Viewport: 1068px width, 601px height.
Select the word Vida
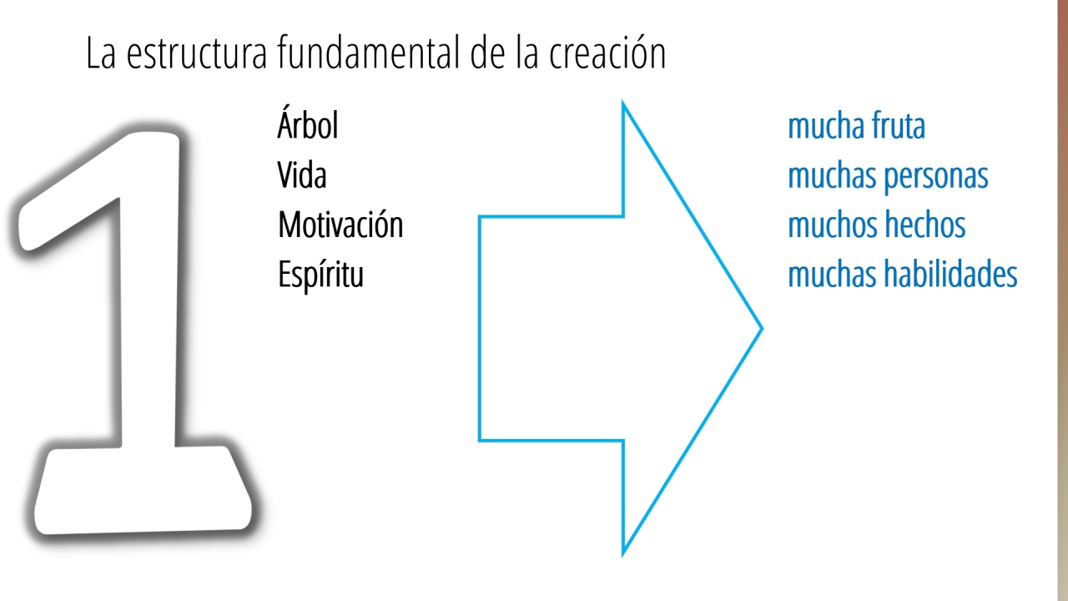pos(302,175)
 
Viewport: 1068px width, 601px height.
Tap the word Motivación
pos(340,225)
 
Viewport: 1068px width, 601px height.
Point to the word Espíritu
pos(320,275)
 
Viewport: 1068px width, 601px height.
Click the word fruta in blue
pos(899,126)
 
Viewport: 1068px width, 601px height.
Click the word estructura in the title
pos(196,53)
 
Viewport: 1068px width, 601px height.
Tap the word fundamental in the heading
pos(370,53)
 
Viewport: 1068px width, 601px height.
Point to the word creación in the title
pos(607,53)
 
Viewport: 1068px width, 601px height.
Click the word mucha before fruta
pos(826,126)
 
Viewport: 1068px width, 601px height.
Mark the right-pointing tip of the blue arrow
pos(763,328)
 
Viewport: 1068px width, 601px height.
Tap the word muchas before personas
pos(832,176)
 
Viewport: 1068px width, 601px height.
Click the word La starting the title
pos(101,53)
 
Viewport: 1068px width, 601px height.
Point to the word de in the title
pos(487,53)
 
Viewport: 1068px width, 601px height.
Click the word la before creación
pos(527,53)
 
